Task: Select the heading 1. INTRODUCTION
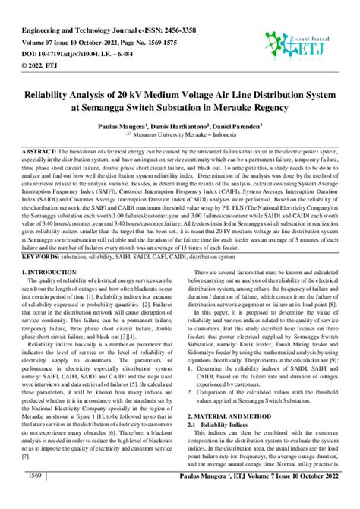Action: tap(55, 271)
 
